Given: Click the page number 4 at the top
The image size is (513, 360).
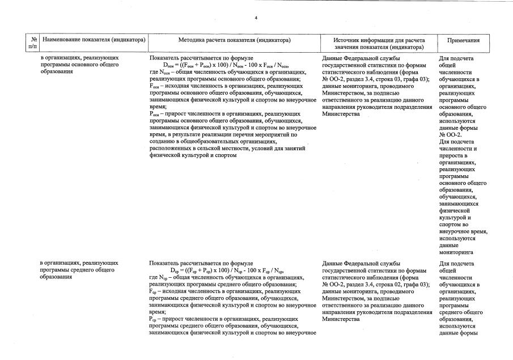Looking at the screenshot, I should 256,18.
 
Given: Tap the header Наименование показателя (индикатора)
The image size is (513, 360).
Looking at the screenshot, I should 94,40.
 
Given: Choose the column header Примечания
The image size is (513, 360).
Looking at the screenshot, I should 463,40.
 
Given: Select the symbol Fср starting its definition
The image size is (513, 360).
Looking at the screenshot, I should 154,291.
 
